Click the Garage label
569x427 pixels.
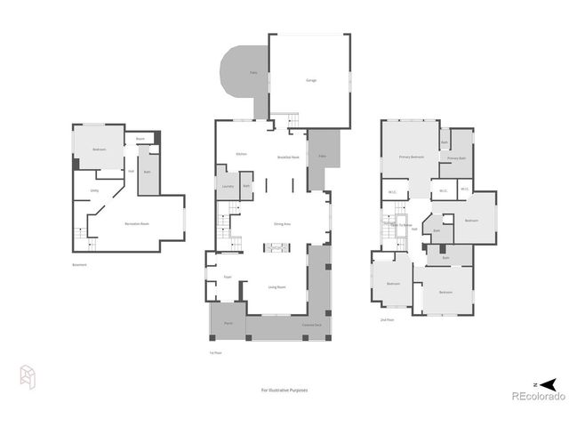tap(311, 80)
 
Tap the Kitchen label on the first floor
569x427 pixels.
tap(241, 155)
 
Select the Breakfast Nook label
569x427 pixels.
tap(287, 157)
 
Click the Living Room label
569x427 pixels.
tap(276, 286)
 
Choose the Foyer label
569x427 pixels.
tap(228, 277)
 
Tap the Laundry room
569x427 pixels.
tap(228, 186)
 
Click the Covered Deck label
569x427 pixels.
tap(311, 326)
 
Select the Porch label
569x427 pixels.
tap(228, 322)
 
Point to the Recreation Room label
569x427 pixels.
tap(136, 223)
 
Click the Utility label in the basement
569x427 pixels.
tap(94, 190)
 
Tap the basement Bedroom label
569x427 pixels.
tap(99, 149)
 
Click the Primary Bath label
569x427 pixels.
tap(457, 158)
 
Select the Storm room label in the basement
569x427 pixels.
tap(140, 139)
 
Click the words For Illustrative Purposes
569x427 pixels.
tap(284, 390)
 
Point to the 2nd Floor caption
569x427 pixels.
tap(387, 318)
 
